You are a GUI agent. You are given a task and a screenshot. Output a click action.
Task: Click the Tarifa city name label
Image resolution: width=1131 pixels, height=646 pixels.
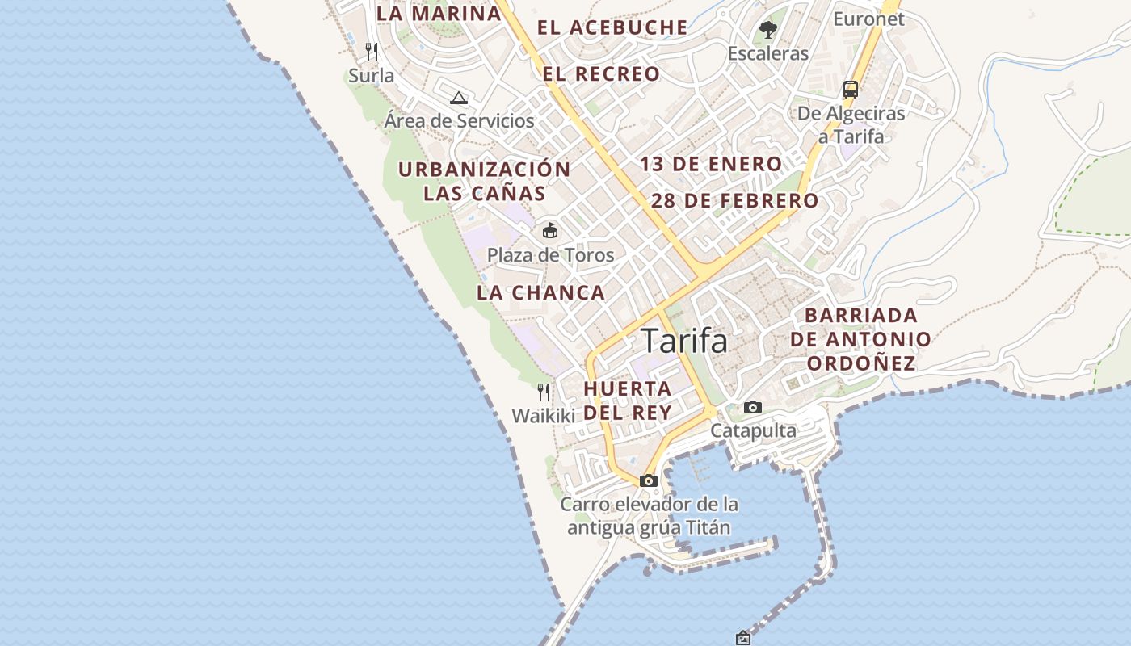(684, 341)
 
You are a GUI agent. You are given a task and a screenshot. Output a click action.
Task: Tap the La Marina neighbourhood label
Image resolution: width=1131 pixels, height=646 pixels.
(439, 14)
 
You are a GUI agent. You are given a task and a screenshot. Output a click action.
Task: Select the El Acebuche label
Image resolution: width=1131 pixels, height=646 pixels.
(612, 27)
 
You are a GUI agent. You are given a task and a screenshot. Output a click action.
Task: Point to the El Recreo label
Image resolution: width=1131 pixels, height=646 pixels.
(601, 74)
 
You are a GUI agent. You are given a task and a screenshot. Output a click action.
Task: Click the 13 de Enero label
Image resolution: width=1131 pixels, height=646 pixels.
(711, 165)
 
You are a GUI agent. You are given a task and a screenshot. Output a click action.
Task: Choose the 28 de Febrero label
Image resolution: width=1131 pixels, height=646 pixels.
(734, 201)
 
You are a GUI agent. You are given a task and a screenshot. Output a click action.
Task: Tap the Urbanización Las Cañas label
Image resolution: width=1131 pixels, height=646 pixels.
(485, 182)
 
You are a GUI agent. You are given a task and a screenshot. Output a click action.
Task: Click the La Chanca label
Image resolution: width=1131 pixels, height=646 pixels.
(540, 293)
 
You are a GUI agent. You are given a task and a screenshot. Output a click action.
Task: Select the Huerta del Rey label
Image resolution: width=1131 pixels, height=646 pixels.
(628, 401)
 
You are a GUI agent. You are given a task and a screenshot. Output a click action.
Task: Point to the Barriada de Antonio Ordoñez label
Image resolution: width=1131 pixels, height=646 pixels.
(861, 339)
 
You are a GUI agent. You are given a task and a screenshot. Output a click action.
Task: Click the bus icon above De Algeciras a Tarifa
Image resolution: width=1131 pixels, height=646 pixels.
(850, 89)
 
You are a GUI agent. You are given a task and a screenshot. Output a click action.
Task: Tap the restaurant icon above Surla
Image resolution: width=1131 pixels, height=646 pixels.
(372, 52)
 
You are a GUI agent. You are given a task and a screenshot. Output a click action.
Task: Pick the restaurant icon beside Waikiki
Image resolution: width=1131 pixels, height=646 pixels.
(544, 392)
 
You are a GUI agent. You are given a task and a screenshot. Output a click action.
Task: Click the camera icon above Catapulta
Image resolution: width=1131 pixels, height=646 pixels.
(753, 407)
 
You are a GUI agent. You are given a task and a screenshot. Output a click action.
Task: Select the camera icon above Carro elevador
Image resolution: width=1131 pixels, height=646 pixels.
(648, 480)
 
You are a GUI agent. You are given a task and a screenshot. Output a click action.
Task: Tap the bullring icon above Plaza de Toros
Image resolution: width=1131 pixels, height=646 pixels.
(550, 231)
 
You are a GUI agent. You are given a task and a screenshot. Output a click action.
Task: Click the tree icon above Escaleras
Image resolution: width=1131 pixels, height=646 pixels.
(767, 30)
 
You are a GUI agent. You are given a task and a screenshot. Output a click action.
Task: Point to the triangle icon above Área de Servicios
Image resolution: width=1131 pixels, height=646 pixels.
(459, 99)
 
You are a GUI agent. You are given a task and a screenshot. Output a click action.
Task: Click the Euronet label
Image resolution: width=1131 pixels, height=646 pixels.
(868, 19)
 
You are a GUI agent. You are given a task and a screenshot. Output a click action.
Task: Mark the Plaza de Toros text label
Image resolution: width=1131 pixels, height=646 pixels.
(550, 255)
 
